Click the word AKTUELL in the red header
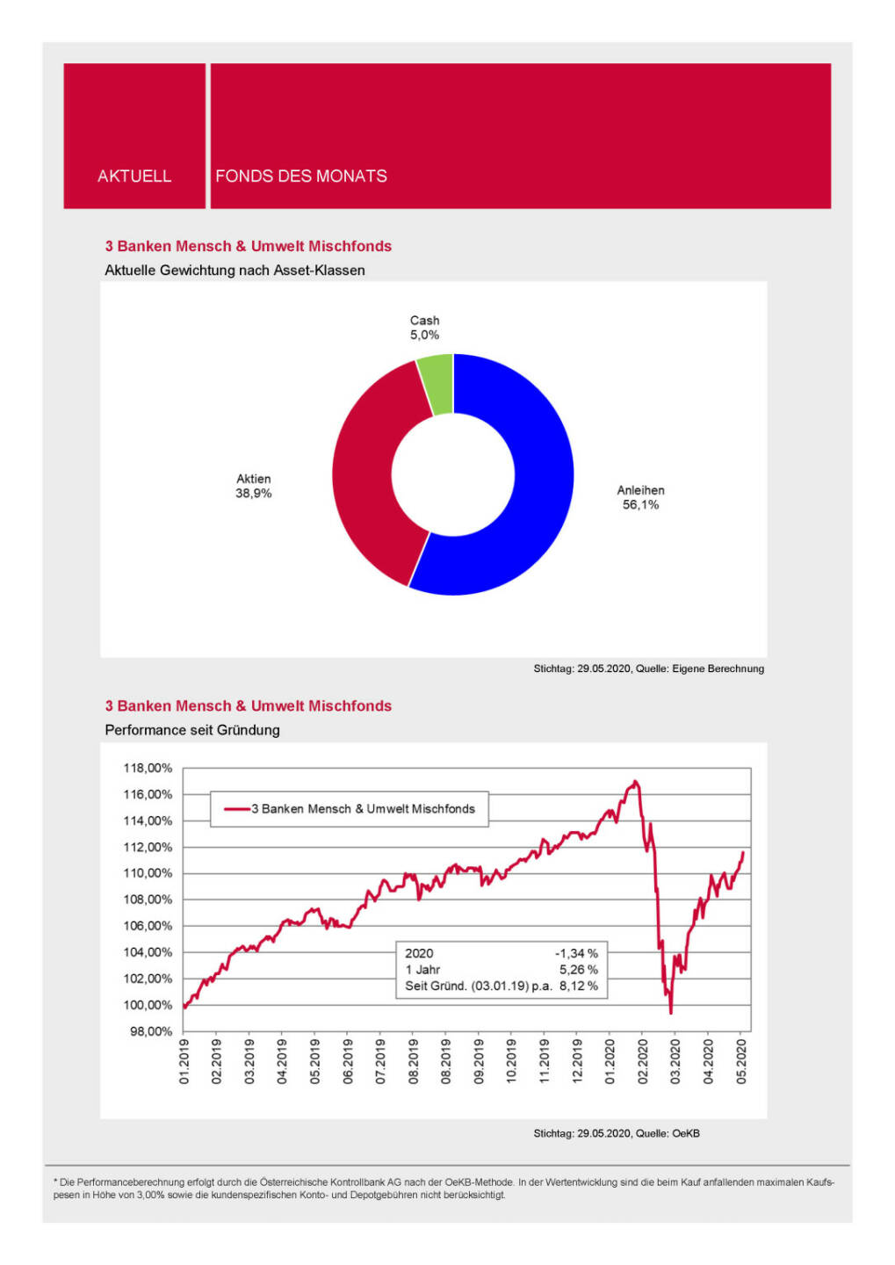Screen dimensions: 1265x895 (x=134, y=176)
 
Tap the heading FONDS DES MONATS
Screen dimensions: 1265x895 (x=301, y=176)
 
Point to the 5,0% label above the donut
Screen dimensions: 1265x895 (x=424, y=336)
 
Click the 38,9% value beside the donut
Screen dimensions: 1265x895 (x=253, y=494)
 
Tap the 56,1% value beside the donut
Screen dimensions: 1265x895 (x=640, y=505)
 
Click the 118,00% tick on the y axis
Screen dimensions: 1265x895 (x=148, y=768)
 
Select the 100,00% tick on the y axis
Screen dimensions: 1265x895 (x=148, y=1005)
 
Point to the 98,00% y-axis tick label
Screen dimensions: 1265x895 (x=151, y=1031)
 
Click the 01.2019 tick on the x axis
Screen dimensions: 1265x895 (x=184, y=1061)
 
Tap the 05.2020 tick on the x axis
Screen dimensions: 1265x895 (x=741, y=1061)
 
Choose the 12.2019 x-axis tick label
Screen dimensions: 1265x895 (x=577, y=1061)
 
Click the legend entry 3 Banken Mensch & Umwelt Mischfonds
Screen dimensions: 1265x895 (x=363, y=809)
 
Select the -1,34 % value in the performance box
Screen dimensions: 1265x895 (x=576, y=953)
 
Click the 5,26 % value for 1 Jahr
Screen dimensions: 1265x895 (x=579, y=970)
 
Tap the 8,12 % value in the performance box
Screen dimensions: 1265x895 (x=579, y=986)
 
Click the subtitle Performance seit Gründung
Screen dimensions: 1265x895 (x=192, y=730)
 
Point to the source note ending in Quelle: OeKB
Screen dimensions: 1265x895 (x=617, y=1133)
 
